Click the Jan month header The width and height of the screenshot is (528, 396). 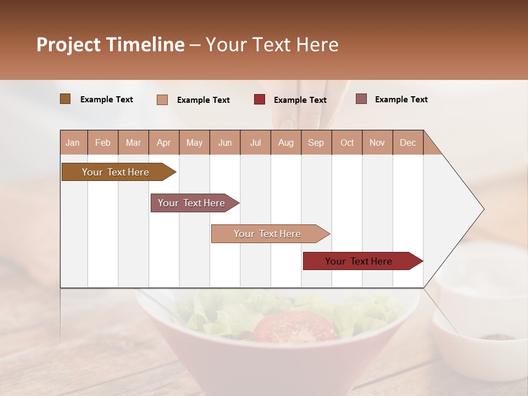(x=73, y=142)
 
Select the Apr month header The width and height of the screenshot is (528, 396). (x=163, y=142)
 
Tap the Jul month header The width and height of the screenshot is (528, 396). (x=255, y=142)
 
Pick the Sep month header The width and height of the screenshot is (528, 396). (x=316, y=142)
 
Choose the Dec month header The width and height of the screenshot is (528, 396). (x=408, y=142)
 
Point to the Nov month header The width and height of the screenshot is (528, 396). (x=377, y=142)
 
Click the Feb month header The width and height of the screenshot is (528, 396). (x=103, y=142)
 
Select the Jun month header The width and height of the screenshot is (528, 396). (x=225, y=142)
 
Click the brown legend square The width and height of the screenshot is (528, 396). (x=65, y=99)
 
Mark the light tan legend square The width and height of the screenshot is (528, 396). (x=162, y=100)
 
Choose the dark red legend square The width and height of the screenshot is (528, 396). (x=260, y=100)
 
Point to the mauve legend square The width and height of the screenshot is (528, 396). (x=361, y=99)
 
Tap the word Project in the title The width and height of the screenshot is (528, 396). (x=68, y=45)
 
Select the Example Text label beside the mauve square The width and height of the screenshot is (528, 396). (x=401, y=100)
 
